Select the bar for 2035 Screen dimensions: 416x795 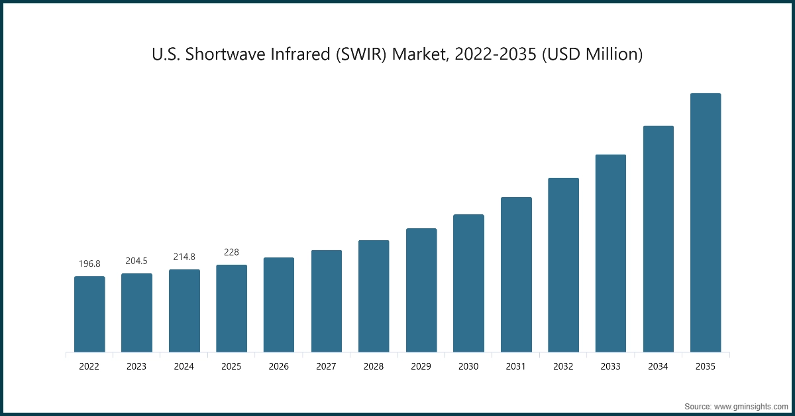(x=706, y=222)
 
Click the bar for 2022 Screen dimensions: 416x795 (x=89, y=314)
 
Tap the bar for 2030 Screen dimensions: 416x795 (x=468, y=283)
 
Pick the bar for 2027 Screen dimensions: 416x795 (x=327, y=301)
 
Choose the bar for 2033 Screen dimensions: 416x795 (x=611, y=253)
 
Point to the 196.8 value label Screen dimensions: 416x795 (x=89, y=263)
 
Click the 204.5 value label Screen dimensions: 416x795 (x=136, y=261)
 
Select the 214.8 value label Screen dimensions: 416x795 (x=184, y=257)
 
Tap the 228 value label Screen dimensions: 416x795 (x=231, y=252)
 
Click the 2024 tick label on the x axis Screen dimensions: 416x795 (x=184, y=366)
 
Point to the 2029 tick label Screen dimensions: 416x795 (x=421, y=366)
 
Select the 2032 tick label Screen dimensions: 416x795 (x=563, y=366)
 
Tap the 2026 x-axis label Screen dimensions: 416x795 (x=279, y=366)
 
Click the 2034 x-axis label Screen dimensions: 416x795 (x=658, y=366)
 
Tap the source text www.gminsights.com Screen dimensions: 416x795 (x=751, y=405)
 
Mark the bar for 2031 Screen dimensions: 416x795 (x=516, y=274)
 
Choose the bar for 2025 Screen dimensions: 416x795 (x=231, y=308)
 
